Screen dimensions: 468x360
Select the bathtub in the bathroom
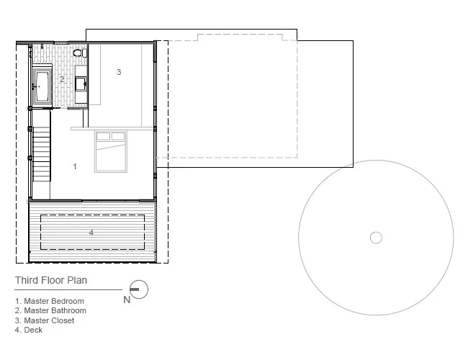(42, 86)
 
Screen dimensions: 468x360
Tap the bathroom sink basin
(81, 84)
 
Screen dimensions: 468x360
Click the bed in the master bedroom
(111, 151)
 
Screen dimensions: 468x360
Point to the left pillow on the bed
(103, 136)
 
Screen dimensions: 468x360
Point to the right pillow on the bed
(118, 136)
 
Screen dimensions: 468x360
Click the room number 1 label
(75, 166)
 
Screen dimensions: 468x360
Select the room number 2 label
(62, 79)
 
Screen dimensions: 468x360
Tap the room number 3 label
(119, 72)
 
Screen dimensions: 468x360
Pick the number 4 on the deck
(91, 233)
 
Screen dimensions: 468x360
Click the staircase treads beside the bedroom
(42, 154)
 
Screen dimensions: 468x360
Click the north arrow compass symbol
(139, 289)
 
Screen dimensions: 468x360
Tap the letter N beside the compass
(127, 300)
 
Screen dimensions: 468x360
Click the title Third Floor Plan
(51, 280)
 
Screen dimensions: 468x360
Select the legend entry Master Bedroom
(50, 301)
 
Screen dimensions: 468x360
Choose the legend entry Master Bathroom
(50, 310)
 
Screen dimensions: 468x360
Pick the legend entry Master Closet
(45, 320)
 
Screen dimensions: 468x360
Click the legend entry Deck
(29, 330)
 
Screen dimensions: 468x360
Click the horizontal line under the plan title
(68, 289)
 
